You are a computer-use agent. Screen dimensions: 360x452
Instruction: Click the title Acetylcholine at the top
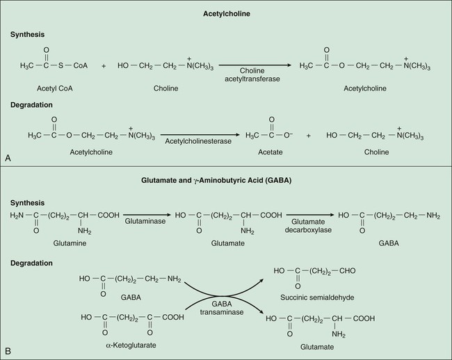point(226,14)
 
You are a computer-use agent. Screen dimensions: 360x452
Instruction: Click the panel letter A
point(8,158)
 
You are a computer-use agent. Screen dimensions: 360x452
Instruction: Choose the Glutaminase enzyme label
point(144,220)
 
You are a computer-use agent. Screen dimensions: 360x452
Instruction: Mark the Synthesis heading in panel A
point(27,33)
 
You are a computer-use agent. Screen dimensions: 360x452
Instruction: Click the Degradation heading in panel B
point(31,263)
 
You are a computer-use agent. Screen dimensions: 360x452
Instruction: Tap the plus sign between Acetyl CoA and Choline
point(104,66)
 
